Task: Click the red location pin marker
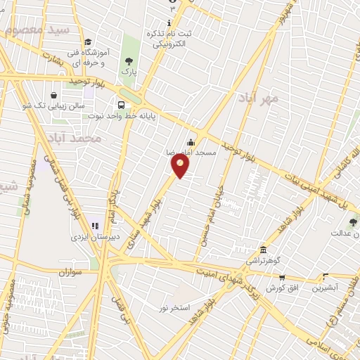click(180, 165)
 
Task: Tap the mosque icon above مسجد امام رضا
click(191, 143)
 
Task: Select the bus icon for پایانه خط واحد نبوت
click(122, 105)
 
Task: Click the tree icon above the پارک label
click(129, 61)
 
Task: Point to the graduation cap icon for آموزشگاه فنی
click(87, 42)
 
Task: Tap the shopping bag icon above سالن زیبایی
click(54, 96)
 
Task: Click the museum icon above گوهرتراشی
click(263, 250)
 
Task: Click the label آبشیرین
click(326, 288)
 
